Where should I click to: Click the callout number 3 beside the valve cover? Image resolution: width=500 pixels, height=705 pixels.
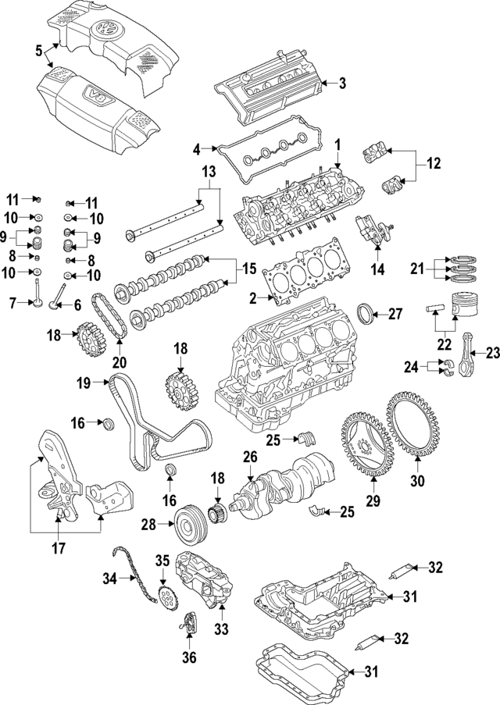(x=341, y=83)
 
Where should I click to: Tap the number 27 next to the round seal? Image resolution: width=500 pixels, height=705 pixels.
(x=395, y=315)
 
